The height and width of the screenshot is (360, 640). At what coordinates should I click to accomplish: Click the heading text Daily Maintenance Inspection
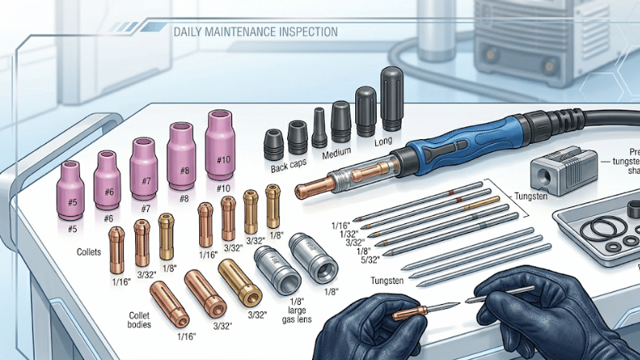tap(255, 32)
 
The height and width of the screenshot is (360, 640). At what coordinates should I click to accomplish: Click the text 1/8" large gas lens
tap(292, 308)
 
